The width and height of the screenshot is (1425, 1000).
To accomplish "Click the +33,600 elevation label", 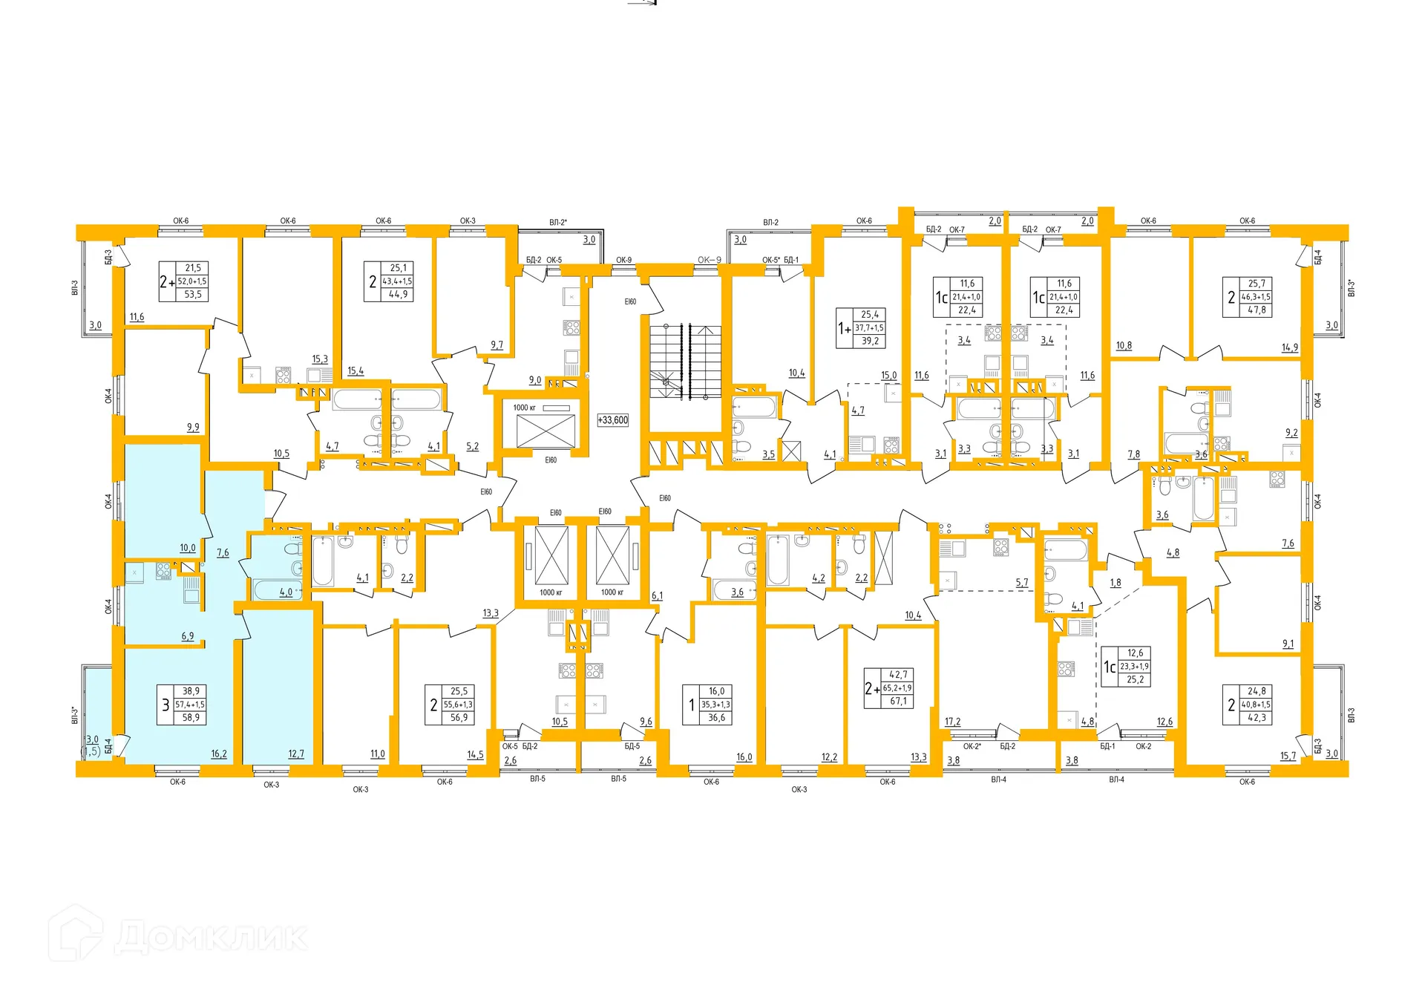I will (x=613, y=420).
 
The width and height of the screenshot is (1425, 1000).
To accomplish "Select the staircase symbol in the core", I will (x=685, y=362).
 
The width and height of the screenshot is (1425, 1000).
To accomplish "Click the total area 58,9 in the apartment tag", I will (x=191, y=718).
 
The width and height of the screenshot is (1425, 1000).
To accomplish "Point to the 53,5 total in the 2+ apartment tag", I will (x=193, y=295).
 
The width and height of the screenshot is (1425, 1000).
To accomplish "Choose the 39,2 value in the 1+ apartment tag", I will (x=870, y=341).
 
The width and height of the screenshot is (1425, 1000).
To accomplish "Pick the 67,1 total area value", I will (x=898, y=702).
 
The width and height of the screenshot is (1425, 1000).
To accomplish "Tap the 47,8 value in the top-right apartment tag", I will (x=1257, y=310).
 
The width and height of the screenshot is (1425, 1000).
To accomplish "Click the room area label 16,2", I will (x=219, y=754).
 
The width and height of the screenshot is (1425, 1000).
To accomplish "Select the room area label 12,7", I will (x=296, y=754).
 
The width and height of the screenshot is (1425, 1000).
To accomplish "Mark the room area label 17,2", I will (x=952, y=722).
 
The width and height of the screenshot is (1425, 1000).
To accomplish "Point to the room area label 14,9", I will (x=1290, y=347).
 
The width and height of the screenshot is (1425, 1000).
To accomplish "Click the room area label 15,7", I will (x=1288, y=756).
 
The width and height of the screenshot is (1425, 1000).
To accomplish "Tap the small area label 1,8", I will (x=1116, y=584).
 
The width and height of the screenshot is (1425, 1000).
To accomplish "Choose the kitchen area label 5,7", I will (x=1022, y=584).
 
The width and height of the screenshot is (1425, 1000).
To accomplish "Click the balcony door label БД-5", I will (x=632, y=746).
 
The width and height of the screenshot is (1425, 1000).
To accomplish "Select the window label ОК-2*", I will (x=972, y=746).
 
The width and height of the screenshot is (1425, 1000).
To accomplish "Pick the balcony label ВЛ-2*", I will (x=558, y=222).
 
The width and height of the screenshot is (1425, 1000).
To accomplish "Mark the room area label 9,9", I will (x=193, y=428).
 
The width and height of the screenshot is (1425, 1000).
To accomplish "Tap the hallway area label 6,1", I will (x=657, y=596).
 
